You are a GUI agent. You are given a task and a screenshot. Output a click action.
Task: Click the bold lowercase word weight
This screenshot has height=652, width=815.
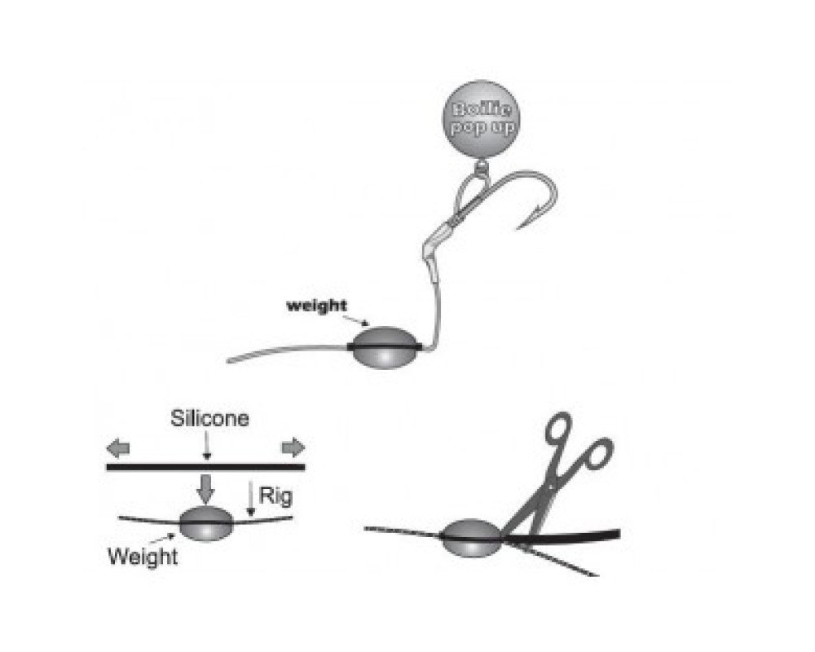[x=316, y=306]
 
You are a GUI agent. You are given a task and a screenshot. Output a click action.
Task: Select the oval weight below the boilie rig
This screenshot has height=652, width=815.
[x=385, y=347]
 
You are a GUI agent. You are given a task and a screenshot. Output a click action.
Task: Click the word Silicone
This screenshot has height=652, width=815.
[x=209, y=419]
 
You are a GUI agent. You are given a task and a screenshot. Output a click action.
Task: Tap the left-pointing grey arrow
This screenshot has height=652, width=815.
[x=118, y=447]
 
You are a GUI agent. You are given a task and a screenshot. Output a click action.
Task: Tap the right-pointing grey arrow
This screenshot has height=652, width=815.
[x=293, y=447]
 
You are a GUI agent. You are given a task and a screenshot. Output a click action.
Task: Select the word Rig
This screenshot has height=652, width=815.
[x=275, y=496]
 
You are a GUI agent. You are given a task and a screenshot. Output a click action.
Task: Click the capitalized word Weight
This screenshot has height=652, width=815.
[x=143, y=557]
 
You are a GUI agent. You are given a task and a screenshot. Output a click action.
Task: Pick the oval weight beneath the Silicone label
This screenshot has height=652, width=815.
[x=206, y=523]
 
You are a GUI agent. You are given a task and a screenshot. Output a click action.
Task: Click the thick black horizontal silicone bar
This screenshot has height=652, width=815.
[x=205, y=467]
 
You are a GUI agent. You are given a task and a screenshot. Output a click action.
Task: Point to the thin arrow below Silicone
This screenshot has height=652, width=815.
[x=207, y=445]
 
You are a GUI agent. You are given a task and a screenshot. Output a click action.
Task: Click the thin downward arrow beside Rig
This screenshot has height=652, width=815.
[x=251, y=498]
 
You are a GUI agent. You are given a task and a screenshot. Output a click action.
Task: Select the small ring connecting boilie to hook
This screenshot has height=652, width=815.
[x=482, y=166]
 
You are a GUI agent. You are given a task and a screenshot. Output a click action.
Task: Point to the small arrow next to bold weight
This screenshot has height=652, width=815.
[x=358, y=318]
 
